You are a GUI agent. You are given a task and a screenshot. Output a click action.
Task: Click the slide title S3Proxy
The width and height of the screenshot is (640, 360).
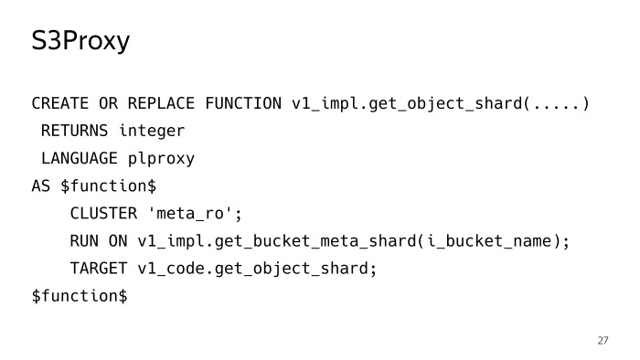80,42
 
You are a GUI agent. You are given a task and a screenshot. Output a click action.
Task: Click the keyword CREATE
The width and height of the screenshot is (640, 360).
60,103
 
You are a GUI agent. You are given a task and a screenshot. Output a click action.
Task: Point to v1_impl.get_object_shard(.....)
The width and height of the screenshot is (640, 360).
440,103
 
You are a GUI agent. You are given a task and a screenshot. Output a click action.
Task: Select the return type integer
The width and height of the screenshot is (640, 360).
152,131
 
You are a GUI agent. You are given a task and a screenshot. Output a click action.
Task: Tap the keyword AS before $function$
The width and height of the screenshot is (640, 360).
41,185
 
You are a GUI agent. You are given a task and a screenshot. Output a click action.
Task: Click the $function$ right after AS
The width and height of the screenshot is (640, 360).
108,185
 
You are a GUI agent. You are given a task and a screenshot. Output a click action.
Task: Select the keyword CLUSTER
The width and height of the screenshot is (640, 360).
103,214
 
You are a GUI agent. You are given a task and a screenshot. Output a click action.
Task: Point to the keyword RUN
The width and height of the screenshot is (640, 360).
84,241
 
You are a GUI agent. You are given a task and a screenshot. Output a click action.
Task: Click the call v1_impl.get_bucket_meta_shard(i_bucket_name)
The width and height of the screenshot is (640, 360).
353,241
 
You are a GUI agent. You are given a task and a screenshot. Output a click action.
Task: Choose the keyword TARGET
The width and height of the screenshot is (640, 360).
99,269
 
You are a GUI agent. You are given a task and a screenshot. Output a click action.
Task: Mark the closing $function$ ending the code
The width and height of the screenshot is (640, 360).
80,296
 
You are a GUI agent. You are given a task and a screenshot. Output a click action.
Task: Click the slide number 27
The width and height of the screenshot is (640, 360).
603,341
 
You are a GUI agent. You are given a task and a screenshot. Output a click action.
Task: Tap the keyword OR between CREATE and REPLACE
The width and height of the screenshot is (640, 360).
108,103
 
